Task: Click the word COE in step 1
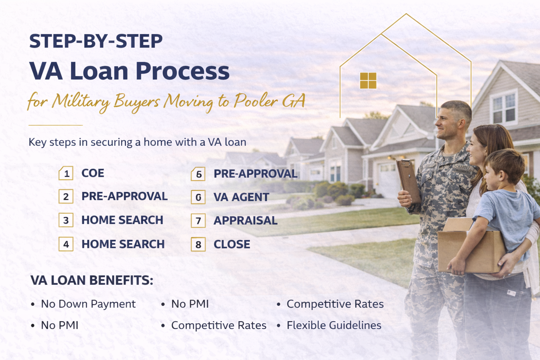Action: pyautogui.click(x=93, y=173)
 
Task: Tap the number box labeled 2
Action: pyautogui.click(x=66, y=197)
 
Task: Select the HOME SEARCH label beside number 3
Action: pyautogui.click(x=122, y=220)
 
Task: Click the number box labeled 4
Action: pyautogui.click(x=66, y=244)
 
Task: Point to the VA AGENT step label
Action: pyautogui.click(x=241, y=197)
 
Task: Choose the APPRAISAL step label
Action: pyautogui.click(x=245, y=220)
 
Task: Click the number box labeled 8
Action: pyautogui.click(x=198, y=244)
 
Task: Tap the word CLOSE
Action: pyautogui.click(x=232, y=244)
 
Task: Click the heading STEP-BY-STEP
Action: pyautogui.click(x=96, y=41)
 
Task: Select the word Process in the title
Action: pyautogui.click(x=182, y=71)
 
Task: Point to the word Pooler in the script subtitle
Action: pyautogui.click(x=256, y=101)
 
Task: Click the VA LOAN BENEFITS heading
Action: pyautogui.click(x=92, y=280)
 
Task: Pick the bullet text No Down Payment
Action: pyautogui.click(x=88, y=304)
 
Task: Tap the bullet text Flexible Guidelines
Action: pyautogui.click(x=334, y=325)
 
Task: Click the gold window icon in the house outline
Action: pyautogui.click(x=368, y=81)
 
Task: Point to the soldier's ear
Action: pyautogui.click(x=461, y=124)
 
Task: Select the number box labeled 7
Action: pyautogui.click(x=198, y=221)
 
